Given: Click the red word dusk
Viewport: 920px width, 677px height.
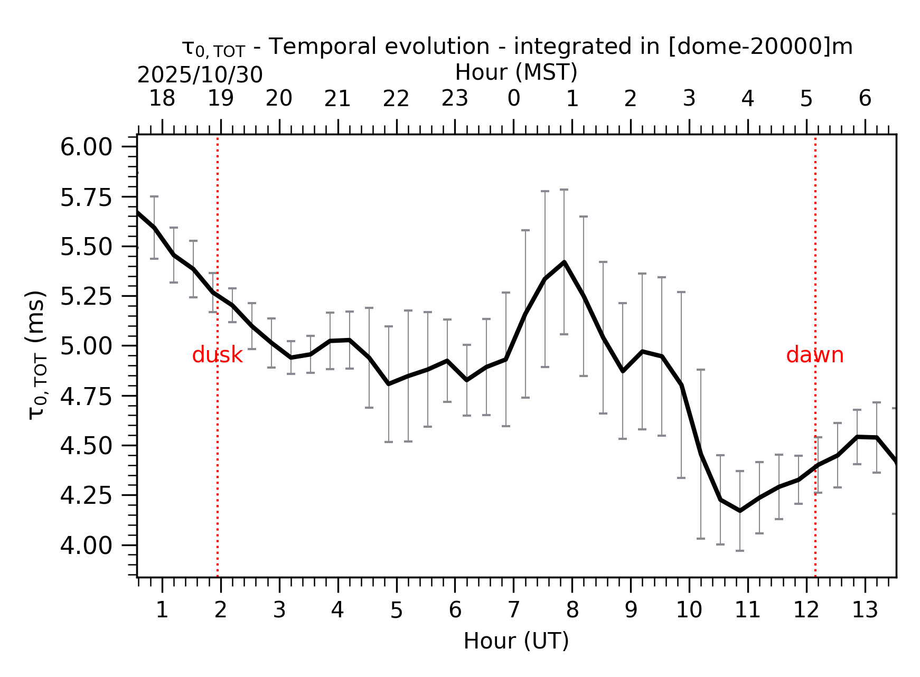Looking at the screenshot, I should [217, 355].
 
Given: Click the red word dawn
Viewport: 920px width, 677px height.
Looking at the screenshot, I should [814, 355].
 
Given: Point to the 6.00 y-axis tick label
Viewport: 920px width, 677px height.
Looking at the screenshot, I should [86, 147].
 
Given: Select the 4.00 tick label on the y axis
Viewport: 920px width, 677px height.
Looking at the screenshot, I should [86, 546].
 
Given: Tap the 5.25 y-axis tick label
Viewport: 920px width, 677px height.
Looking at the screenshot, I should [86, 297].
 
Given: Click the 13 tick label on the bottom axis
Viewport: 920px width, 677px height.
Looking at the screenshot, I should [865, 610].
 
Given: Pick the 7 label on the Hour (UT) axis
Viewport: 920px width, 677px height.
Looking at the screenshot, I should [513, 610].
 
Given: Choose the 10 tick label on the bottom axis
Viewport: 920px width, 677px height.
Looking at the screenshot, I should [689, 610].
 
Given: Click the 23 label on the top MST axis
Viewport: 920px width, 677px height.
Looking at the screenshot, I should [455, 99].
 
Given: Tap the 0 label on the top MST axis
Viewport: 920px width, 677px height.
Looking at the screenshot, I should [513, 99].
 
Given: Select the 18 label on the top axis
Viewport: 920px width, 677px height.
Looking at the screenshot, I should [162, 99].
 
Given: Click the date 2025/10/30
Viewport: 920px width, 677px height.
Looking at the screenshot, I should [200, 76].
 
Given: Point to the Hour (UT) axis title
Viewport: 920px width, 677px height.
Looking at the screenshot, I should [516, 641].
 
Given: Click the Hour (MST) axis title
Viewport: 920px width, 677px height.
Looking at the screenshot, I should [516, 72].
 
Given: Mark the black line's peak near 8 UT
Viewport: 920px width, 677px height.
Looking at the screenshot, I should [564, 262].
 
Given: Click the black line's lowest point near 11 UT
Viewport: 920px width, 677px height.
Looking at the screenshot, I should [740, 511].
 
